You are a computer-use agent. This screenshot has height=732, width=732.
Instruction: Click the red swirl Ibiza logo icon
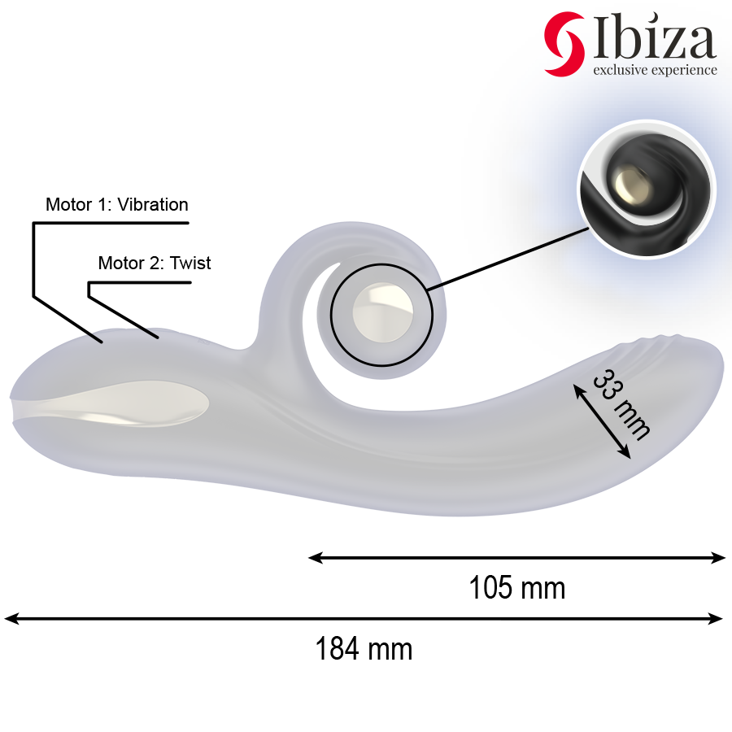coord(563,44)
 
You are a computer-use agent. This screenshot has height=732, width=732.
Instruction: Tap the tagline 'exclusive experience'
coord(655,70)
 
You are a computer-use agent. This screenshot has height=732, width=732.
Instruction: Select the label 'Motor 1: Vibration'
coord(116,204)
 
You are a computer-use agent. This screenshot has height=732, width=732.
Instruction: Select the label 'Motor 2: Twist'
coord(154,263)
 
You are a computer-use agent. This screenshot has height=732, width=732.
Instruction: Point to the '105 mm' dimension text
coord(516,587)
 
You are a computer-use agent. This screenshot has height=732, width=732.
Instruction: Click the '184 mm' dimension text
coord(364,649)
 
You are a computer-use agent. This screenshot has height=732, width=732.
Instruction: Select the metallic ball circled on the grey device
coord(381,311)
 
